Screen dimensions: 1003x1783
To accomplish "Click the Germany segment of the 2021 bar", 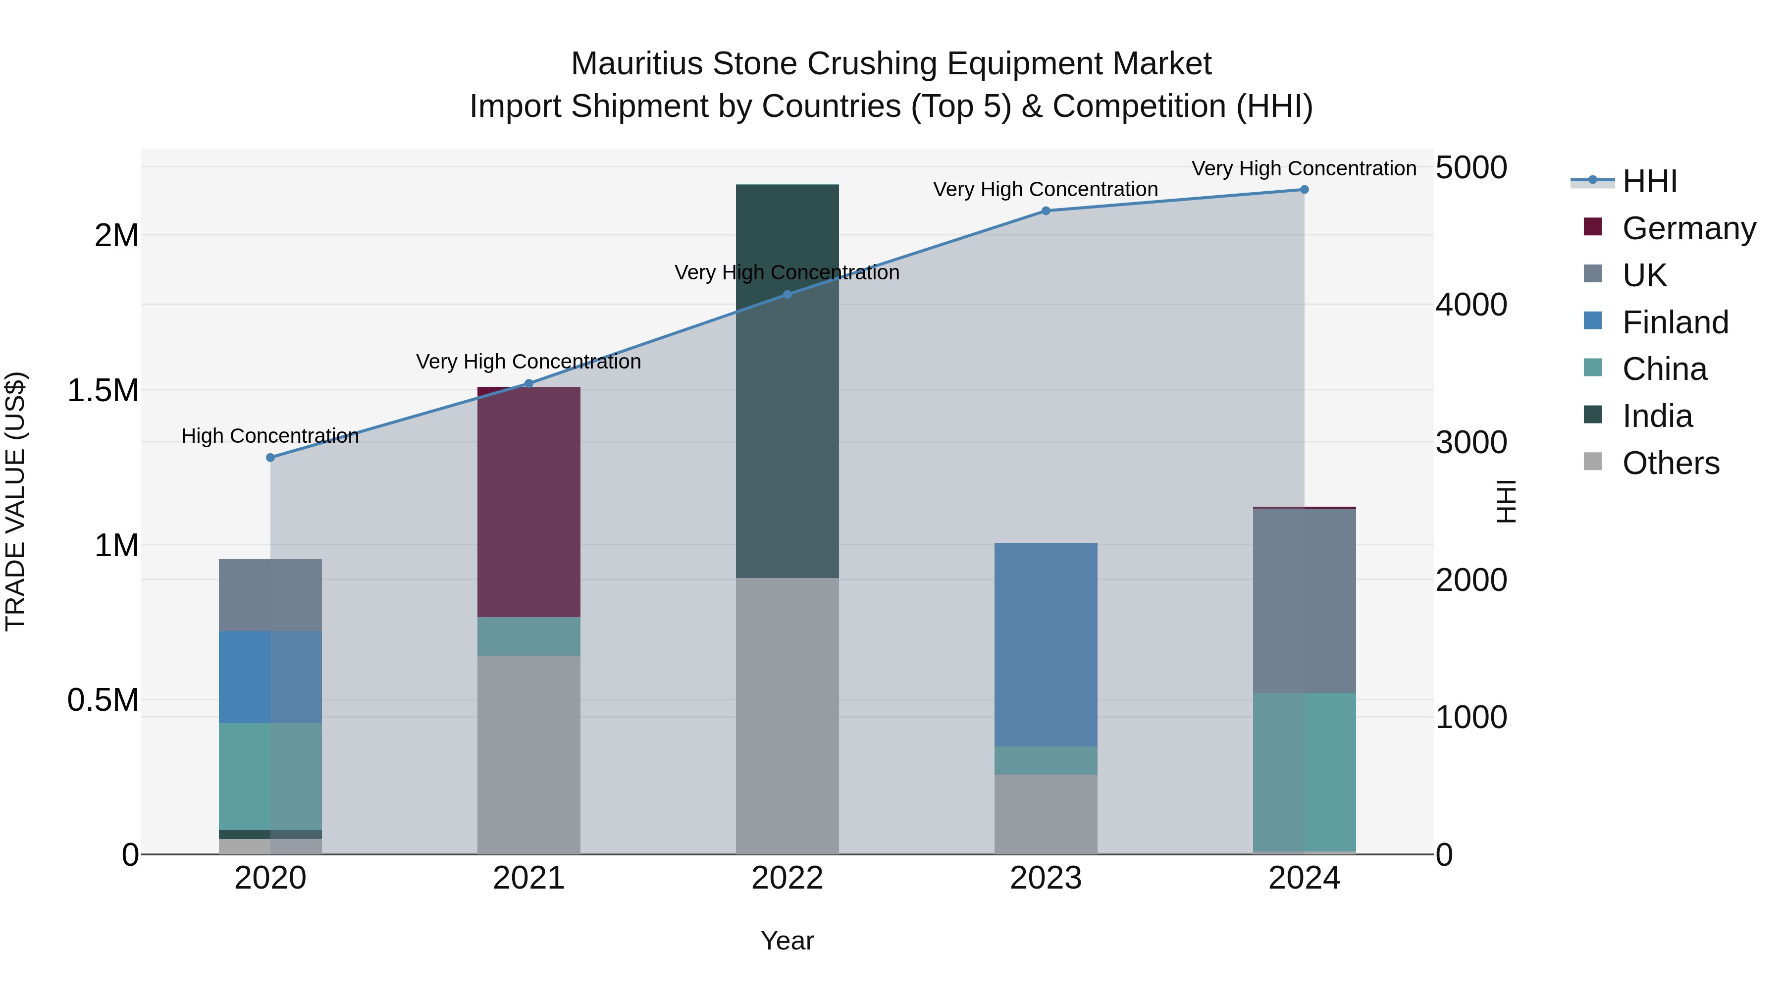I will point(529,502).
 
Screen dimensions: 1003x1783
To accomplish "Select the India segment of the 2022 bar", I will point(787,381).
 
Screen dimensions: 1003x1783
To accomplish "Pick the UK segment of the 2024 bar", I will point(1304,601).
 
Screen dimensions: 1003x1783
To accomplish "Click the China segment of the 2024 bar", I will point(1304,772).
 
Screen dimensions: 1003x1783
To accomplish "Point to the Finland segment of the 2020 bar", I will point(270,677).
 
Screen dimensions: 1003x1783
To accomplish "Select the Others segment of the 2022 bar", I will point(787,716).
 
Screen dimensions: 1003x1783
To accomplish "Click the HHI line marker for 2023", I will point(1046,211).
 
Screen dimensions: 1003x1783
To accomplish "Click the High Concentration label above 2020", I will point(270,436).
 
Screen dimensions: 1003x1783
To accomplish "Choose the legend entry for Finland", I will point(1675,322).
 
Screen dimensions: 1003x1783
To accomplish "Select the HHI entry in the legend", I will point(1649,181).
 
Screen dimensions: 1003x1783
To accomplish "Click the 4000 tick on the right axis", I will point(1471,305).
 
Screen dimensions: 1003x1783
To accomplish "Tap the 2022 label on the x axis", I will point(787,878).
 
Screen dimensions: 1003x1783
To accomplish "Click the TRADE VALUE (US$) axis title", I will point(15,501).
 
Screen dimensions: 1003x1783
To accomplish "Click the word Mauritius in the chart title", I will point(637,64).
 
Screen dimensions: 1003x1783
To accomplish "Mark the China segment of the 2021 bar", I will point(529,636).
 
